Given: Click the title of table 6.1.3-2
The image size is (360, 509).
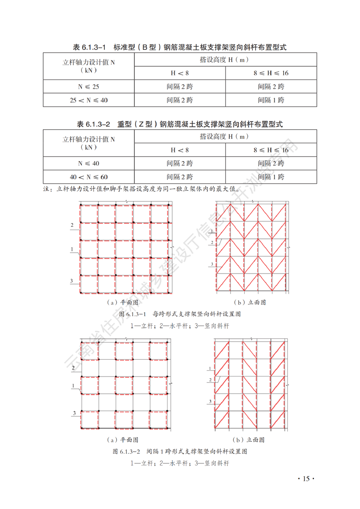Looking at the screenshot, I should pos(180,124).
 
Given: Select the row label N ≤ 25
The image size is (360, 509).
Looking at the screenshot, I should pos(89,86).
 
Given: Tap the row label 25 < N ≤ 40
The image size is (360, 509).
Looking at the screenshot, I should pos(89,100).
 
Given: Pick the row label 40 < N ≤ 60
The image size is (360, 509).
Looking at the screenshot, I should pos(89,176).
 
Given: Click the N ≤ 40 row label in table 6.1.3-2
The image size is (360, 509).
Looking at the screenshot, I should pos(89,163).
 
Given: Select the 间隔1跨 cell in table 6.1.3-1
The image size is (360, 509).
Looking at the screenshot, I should pos(271,100).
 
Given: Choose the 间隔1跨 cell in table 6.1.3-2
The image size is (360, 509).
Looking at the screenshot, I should pos(271,176).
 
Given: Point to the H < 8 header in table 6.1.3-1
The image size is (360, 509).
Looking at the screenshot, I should pos(179,73).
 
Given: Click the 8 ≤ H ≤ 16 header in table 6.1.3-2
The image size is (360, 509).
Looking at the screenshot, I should pos(271,150).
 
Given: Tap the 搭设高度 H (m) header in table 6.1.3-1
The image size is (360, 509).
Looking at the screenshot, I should pos(225,59).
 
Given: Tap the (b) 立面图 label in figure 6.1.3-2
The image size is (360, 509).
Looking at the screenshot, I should pos(248,440).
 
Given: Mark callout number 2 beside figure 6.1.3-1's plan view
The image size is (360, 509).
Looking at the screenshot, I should pos(72,225).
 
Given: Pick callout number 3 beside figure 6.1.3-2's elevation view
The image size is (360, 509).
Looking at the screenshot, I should pos(210,401).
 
